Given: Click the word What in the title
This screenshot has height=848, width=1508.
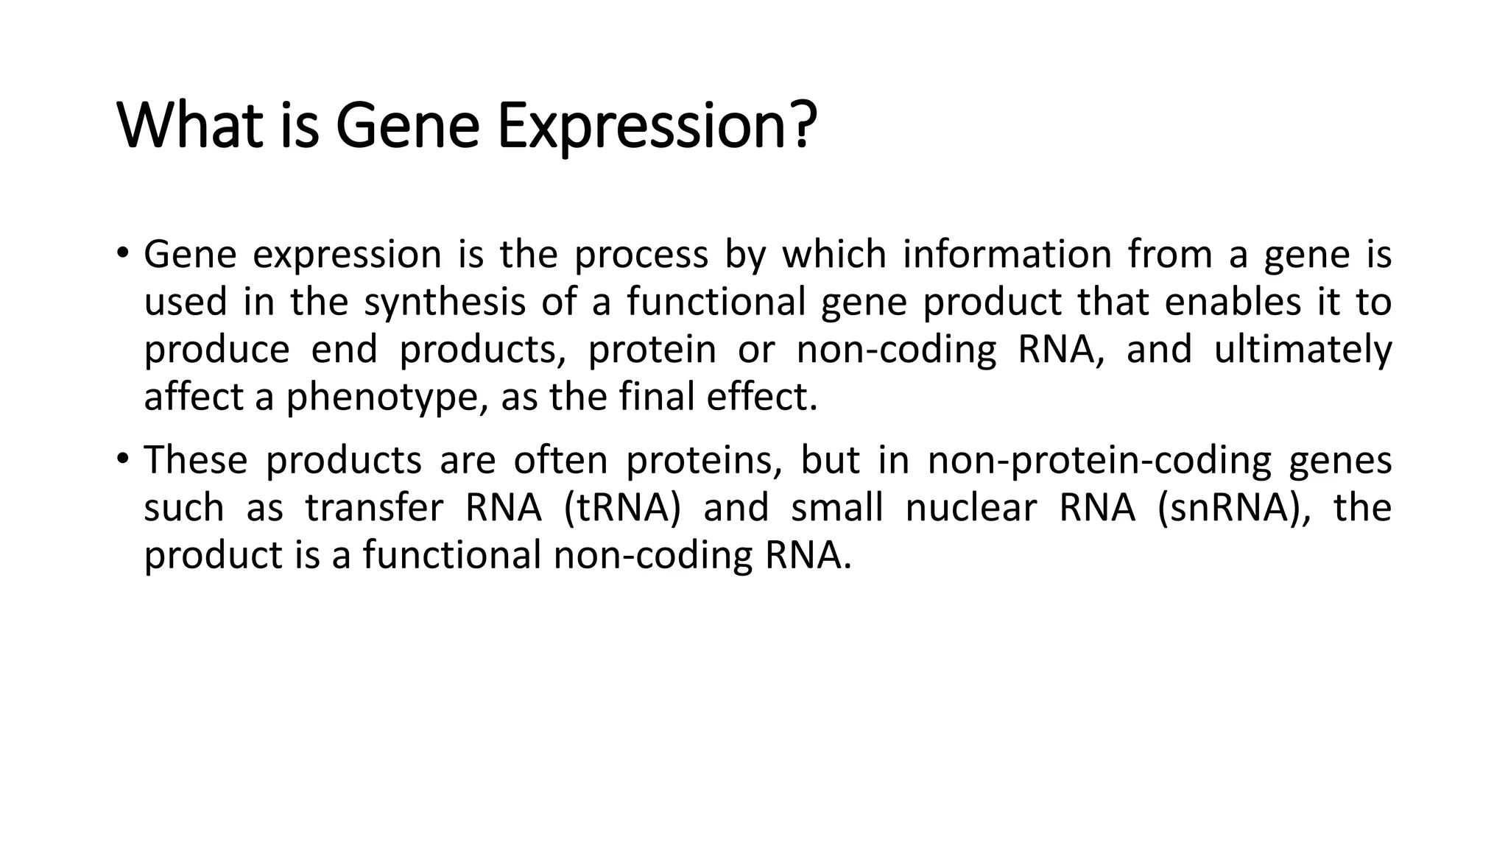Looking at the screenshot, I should (x=191, y=126).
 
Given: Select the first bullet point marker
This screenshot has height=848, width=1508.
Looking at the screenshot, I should (x=122, y=254).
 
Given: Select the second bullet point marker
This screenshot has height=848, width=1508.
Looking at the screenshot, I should (x=122, y=460).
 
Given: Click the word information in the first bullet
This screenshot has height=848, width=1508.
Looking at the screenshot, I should (x=1007, y=255).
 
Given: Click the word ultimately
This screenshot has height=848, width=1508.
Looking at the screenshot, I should (x=1302, y=350).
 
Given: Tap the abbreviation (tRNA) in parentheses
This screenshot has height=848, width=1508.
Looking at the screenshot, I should (x=622, y=508).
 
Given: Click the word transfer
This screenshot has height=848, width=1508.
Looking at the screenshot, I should (x=374, y=508).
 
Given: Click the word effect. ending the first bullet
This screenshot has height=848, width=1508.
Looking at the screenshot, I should (x=762, y=397).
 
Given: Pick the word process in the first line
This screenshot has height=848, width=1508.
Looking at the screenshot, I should (x=641, y=256).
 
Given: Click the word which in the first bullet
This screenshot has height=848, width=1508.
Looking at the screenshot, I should (x=834, y=255).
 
